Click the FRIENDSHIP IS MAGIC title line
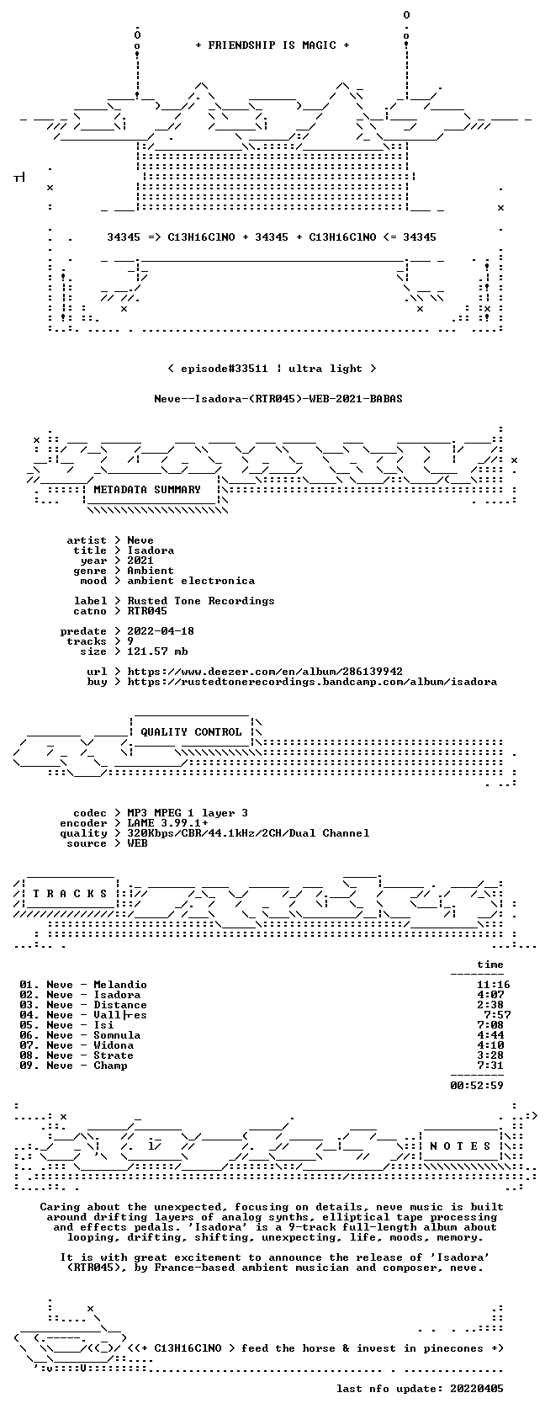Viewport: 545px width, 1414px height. (x=272, y=45)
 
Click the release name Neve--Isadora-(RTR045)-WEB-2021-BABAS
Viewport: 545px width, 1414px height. (x=278, y=399)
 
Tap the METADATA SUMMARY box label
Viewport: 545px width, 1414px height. (x=147, y=490)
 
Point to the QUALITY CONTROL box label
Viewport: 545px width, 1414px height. (x=190, y=732)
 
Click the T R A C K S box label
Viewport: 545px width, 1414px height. (x=69, y=894)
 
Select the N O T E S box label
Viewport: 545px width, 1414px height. (x=460, y=1146)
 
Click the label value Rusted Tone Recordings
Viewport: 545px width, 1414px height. (x=200, y=601)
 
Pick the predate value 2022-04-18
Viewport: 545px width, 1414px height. (x=160, y=631)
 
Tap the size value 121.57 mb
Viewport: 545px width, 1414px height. (x=157, y=651)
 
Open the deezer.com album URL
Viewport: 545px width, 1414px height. (x=265, y=672)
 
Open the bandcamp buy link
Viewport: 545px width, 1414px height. (x=311, y=682)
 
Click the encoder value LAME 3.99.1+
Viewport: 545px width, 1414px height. (x=167, y=823)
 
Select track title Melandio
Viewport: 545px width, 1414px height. (x=119, y=985)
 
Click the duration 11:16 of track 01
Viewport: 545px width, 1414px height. (x=493, y=985)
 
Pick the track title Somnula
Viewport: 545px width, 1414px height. (x=117, y=1035)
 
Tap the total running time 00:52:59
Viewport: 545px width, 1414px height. (x=476, y=1086)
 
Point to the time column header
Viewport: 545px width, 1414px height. (x=490, y=965)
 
